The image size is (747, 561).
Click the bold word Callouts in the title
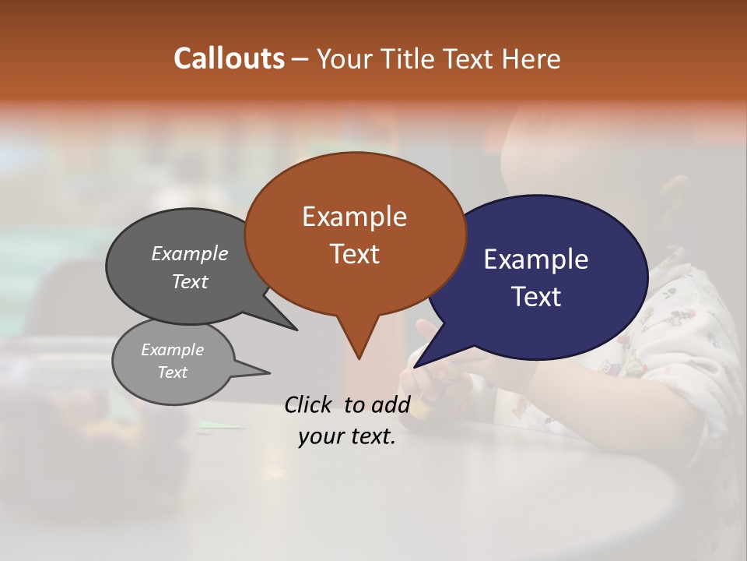[229, 58]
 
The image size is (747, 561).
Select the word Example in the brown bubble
[354, 217]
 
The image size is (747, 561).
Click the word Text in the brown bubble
[354, 254]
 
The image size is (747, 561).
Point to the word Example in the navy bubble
[536, 259]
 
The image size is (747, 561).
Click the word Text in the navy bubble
[536, 297]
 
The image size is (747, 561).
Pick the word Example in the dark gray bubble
[190, 253]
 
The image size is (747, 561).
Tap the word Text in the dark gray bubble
[190, 281]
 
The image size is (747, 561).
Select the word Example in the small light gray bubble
[172, 350]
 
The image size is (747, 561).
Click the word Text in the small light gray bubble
[172, 372]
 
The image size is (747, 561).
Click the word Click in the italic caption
[310, 404]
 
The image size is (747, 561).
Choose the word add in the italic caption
[391, 404]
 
